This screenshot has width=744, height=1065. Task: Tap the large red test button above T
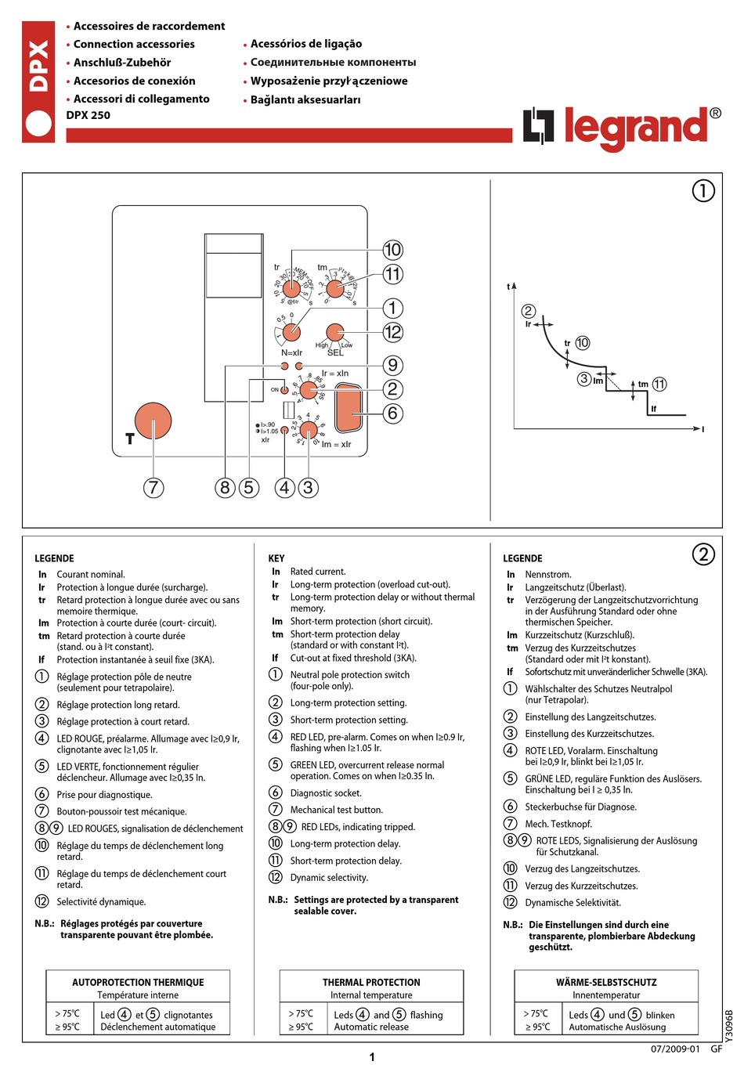[153, 422]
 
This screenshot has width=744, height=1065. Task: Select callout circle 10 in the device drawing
[392, 250]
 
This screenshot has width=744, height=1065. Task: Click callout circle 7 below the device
[153, 487]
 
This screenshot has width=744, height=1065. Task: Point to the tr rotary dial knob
[291, 288]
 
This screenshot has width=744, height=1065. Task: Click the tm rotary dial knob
[334, 288]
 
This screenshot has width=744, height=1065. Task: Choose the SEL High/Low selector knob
[334, 331]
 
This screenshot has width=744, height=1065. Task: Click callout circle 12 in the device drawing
[392, 332]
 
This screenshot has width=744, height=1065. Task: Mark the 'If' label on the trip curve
[654, 409]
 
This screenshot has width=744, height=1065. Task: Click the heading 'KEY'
[276, 558]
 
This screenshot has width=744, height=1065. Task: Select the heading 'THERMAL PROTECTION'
[371, 982]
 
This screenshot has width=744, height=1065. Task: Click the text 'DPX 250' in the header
[88, 115]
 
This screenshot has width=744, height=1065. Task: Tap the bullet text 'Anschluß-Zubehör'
[122, 63]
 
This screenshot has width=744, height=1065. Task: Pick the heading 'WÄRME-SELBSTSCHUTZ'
[606, 982]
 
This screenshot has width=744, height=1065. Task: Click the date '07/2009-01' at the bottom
[675, 1049]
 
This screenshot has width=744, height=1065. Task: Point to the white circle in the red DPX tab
[38, 125]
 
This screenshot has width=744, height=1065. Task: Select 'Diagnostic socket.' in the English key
[326, 793]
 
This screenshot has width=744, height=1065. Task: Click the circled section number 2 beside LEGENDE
[703, 554]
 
